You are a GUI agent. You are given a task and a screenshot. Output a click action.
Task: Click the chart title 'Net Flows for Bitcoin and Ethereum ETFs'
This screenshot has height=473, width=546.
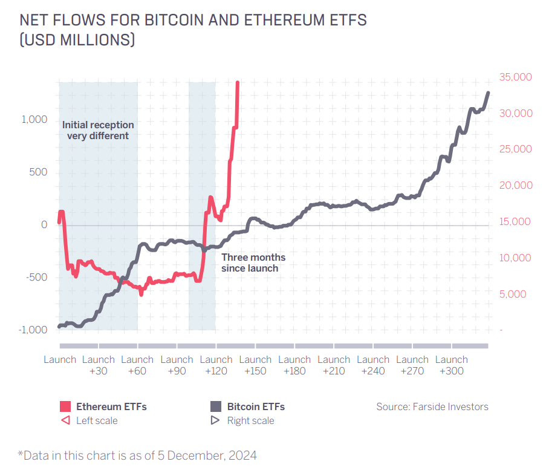[x=193, y=20]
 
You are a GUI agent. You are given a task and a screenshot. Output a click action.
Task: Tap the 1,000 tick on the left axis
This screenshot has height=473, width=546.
[x=34, y=120]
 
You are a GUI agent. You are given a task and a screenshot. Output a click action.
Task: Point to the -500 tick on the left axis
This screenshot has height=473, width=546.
[x=36, y=278]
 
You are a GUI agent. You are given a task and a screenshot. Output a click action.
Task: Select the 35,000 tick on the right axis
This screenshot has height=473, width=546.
[x=515, y=77]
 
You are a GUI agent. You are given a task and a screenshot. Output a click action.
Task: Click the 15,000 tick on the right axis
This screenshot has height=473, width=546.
[x=515, y=222]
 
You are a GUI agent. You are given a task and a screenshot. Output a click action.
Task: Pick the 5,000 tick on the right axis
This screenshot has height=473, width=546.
[x=517, y=295]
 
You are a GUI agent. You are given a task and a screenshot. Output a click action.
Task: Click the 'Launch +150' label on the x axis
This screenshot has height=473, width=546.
[x=255, y=365]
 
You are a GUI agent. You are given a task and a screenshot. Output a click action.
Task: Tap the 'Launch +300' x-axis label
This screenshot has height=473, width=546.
[x=452, y=365]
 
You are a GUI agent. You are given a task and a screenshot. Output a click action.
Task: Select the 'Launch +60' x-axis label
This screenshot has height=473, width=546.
[x=137, y=365]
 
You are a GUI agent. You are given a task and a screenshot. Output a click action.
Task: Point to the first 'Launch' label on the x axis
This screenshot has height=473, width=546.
[x=60, y=359]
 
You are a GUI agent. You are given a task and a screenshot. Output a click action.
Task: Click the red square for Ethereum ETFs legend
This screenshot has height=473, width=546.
[x=66, y=406]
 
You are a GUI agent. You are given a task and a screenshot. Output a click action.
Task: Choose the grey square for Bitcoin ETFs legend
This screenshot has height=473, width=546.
[x=216, y=406]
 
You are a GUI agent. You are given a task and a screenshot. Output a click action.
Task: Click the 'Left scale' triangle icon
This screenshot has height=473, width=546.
[x=66, y=420]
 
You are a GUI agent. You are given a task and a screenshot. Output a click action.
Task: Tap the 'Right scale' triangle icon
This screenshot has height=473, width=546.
[x=216, y=420]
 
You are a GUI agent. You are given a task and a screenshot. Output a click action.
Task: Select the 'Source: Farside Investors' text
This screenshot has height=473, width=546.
[x=432, y=406]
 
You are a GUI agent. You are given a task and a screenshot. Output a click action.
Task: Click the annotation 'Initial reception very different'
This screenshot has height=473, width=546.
[x=98, y=130]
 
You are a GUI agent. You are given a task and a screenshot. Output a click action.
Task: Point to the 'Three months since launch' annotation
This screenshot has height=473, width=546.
[x=253, y=263]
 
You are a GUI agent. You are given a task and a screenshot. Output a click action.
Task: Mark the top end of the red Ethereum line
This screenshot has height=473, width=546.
[x=238, y=83]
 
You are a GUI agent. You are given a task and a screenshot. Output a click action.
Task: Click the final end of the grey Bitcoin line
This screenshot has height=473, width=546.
[x=488, y=93]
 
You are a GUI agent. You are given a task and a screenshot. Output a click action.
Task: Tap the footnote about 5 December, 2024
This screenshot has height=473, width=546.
[x=137, y=455]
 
